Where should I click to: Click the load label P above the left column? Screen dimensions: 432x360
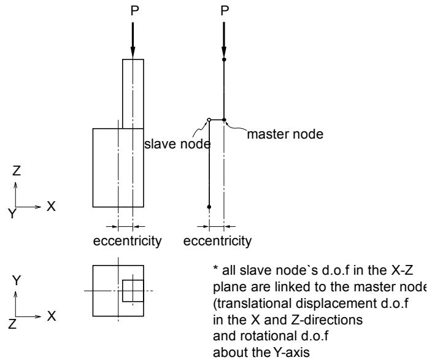tap(134, 10)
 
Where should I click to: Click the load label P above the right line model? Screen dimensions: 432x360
tap(225, 10)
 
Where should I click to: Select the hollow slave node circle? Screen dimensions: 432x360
tap(209, 120)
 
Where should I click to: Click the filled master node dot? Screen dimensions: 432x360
tap(224, 120)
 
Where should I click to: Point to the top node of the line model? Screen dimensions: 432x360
tap(224, 59)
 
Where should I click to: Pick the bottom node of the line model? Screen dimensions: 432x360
tap(209, 207)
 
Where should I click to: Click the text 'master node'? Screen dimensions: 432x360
tap(285, 134)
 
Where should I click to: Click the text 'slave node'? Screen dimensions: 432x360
tap(178, 144)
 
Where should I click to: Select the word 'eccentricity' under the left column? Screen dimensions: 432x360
tap(127, 241)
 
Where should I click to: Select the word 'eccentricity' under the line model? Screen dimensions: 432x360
tap(217, 241)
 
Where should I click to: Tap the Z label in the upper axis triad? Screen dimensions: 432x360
tap(17, 170)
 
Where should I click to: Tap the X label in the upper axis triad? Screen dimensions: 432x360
tap(51, 206)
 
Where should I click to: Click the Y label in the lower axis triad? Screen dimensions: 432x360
tap(17, 280)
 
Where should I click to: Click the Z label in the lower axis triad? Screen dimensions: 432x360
tap(12, 324)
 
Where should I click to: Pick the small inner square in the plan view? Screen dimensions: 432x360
tap(133, 291)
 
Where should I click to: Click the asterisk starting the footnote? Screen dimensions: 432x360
tap(216, 268)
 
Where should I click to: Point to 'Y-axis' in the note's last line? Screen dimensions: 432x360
tap(291, 352)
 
